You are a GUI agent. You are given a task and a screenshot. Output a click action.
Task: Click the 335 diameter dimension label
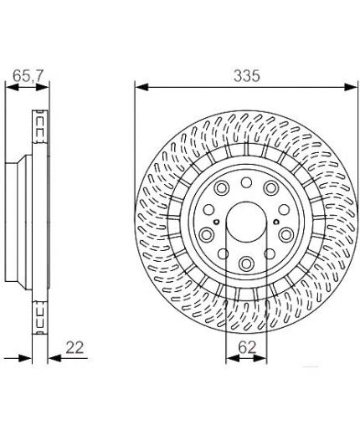tap(247, 75)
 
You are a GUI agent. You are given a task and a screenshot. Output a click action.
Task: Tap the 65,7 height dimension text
tap(28, 75)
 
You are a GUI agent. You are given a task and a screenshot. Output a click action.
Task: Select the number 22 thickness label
tap(75, 348)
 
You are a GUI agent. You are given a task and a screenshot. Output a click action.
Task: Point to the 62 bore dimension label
tap(247, 348)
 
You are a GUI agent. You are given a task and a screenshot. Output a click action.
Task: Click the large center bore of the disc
tap(246, 223)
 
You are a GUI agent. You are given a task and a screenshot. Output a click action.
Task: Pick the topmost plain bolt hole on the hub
tap(246, 182)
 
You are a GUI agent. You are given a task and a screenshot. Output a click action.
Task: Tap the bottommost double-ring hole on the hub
tap(246, 264)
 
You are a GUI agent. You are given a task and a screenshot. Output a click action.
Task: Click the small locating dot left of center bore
tap(216, 222)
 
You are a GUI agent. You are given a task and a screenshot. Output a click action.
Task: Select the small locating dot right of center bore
tap(276, 222)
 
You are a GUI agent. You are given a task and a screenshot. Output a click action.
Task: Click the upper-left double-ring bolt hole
tap(221, 187)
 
